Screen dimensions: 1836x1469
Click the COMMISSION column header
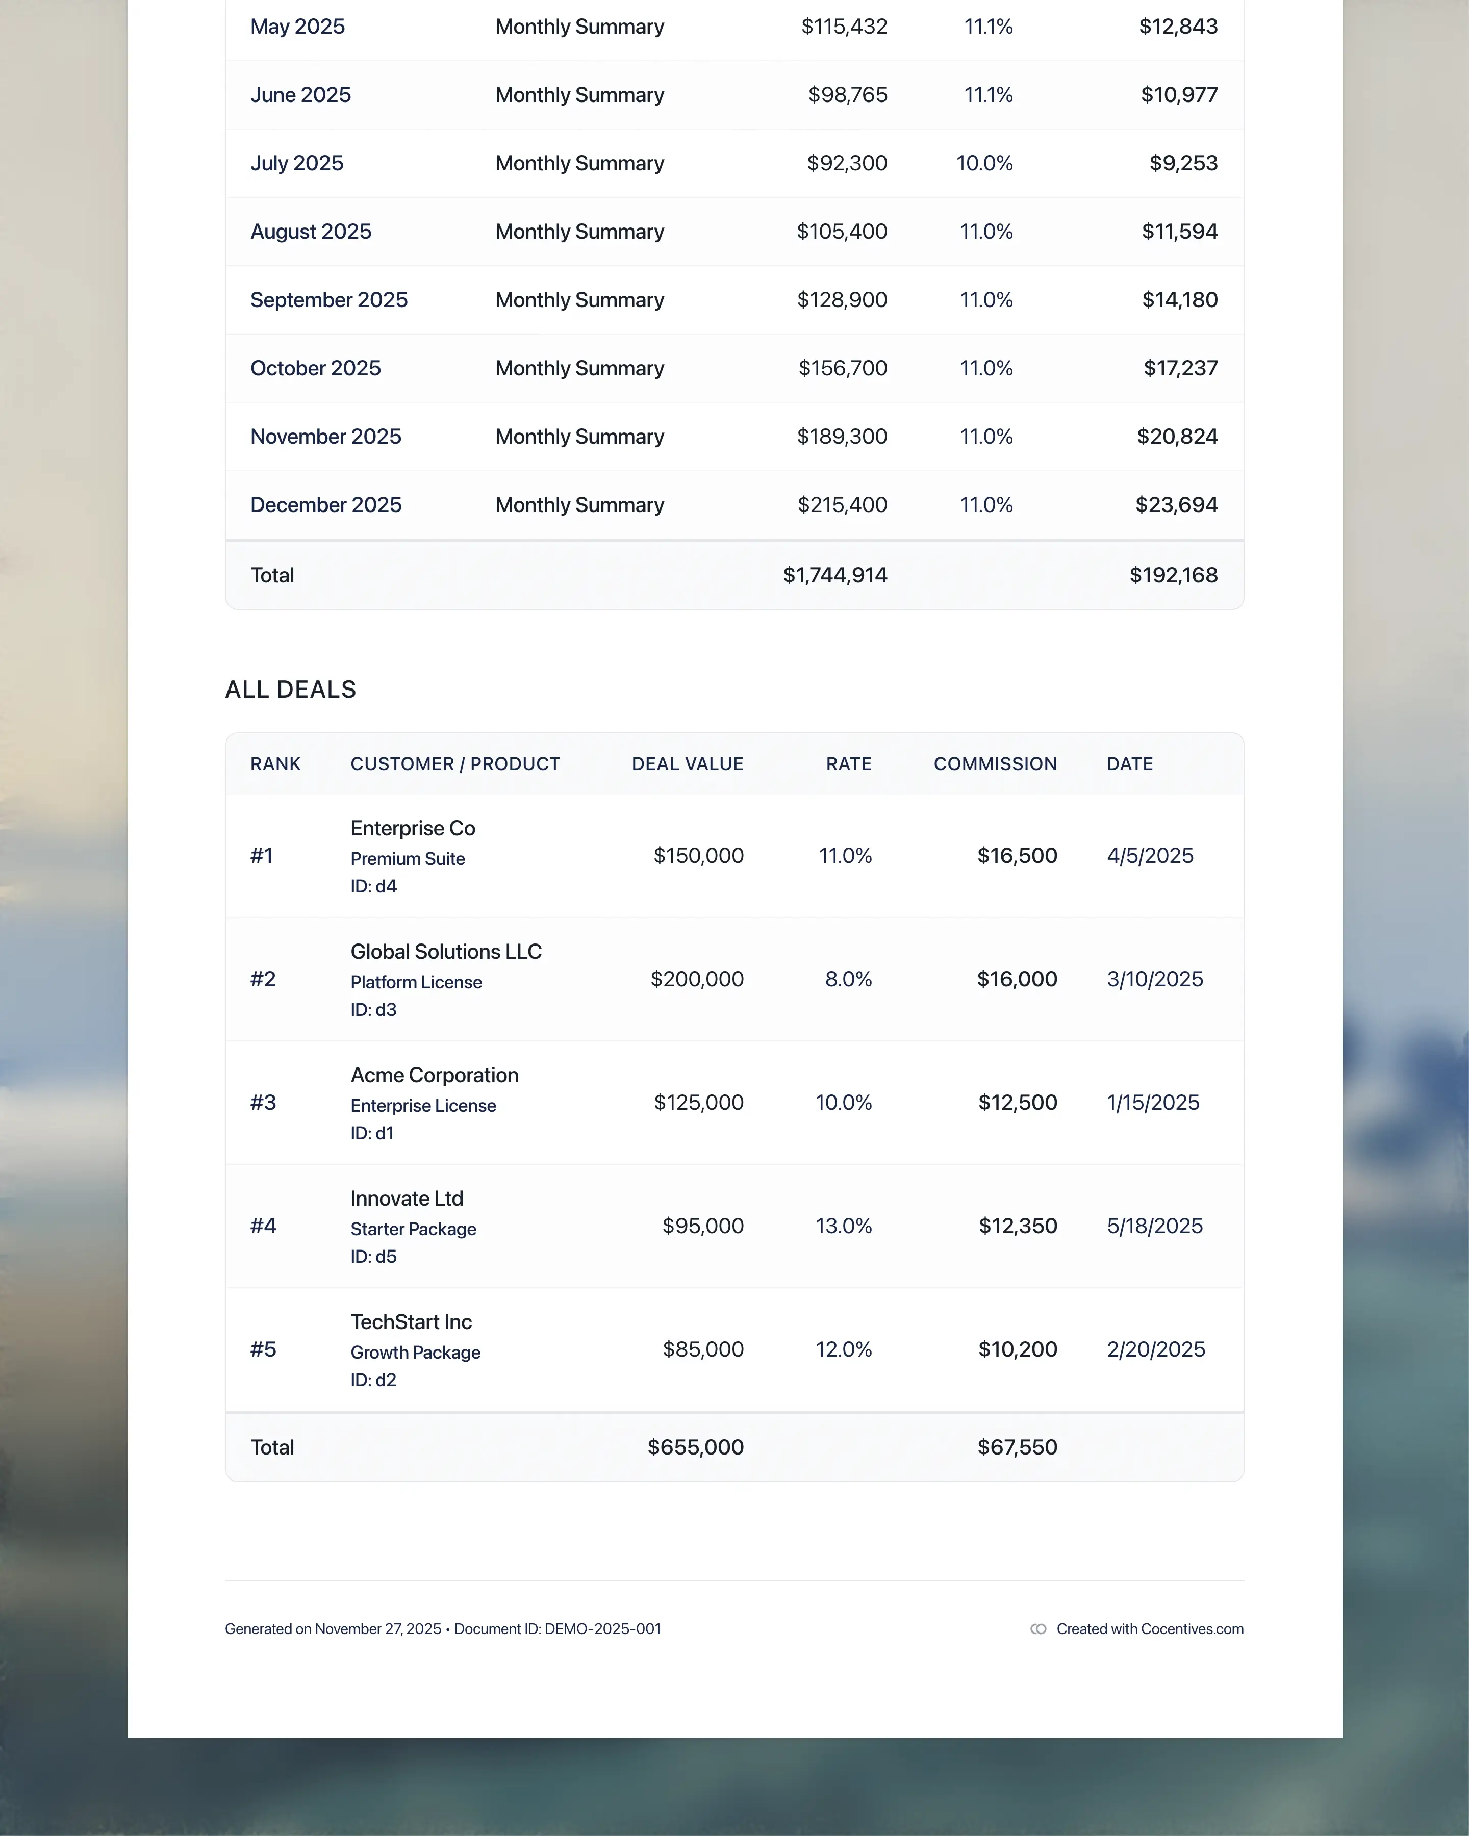[x=995, y=764]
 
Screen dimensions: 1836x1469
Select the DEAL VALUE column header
[x=687, y=764]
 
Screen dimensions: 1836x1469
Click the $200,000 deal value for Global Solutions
[x=697, y=979]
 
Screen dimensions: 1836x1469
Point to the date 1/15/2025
[x=1152, y=1102]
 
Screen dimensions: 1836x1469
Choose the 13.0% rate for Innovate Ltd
[x=843, y=1226]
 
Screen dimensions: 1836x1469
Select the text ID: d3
[x=373, y=1009]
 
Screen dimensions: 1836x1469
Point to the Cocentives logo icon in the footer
[x=1038, y=1629]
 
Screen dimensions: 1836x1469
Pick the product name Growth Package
[x=415, y=1353]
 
